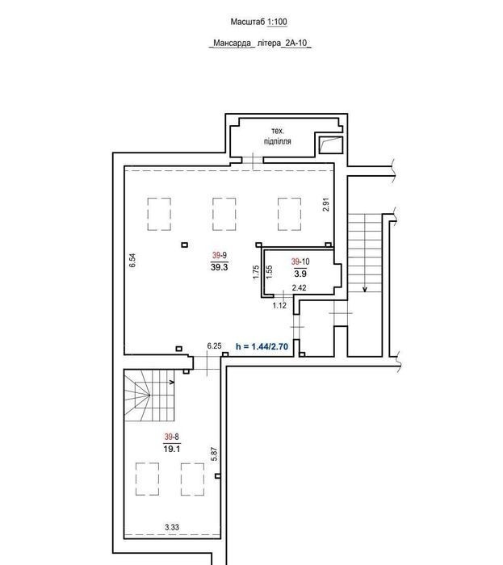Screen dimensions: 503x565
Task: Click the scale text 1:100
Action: [x=277, y=22]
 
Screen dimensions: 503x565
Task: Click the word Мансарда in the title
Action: [x=232, y=44]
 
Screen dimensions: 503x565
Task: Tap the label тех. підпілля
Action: [x=278, y=136]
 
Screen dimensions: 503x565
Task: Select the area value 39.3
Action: [x=220, y=267]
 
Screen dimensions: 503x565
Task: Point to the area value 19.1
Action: [x=172, y=449]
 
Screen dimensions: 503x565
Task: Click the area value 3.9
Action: [x=300, y=274]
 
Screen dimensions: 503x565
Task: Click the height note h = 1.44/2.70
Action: [x=262, y=346]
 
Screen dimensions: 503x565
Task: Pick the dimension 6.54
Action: [x=132, y=260]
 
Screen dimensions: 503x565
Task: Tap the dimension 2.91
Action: [x=326, y=204]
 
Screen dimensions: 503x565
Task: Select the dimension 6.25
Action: [x=214, y=346]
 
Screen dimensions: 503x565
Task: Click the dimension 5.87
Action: [x=214, y=454]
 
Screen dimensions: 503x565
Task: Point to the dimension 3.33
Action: [x=172, y=527]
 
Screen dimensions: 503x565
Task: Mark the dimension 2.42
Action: [x=299, y=287]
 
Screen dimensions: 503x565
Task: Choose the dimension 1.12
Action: [x=279, y=306]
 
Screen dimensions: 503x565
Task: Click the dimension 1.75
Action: [x=256, y=272]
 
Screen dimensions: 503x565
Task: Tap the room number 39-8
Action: [x=171, y=437]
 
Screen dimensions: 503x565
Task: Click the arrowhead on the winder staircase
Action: [x=172, y=382]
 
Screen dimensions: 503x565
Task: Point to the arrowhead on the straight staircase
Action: [x=365, y=289]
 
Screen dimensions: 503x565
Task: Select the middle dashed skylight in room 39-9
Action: [x=224, y=214]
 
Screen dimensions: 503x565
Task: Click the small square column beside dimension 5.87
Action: [x=218, y=476]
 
